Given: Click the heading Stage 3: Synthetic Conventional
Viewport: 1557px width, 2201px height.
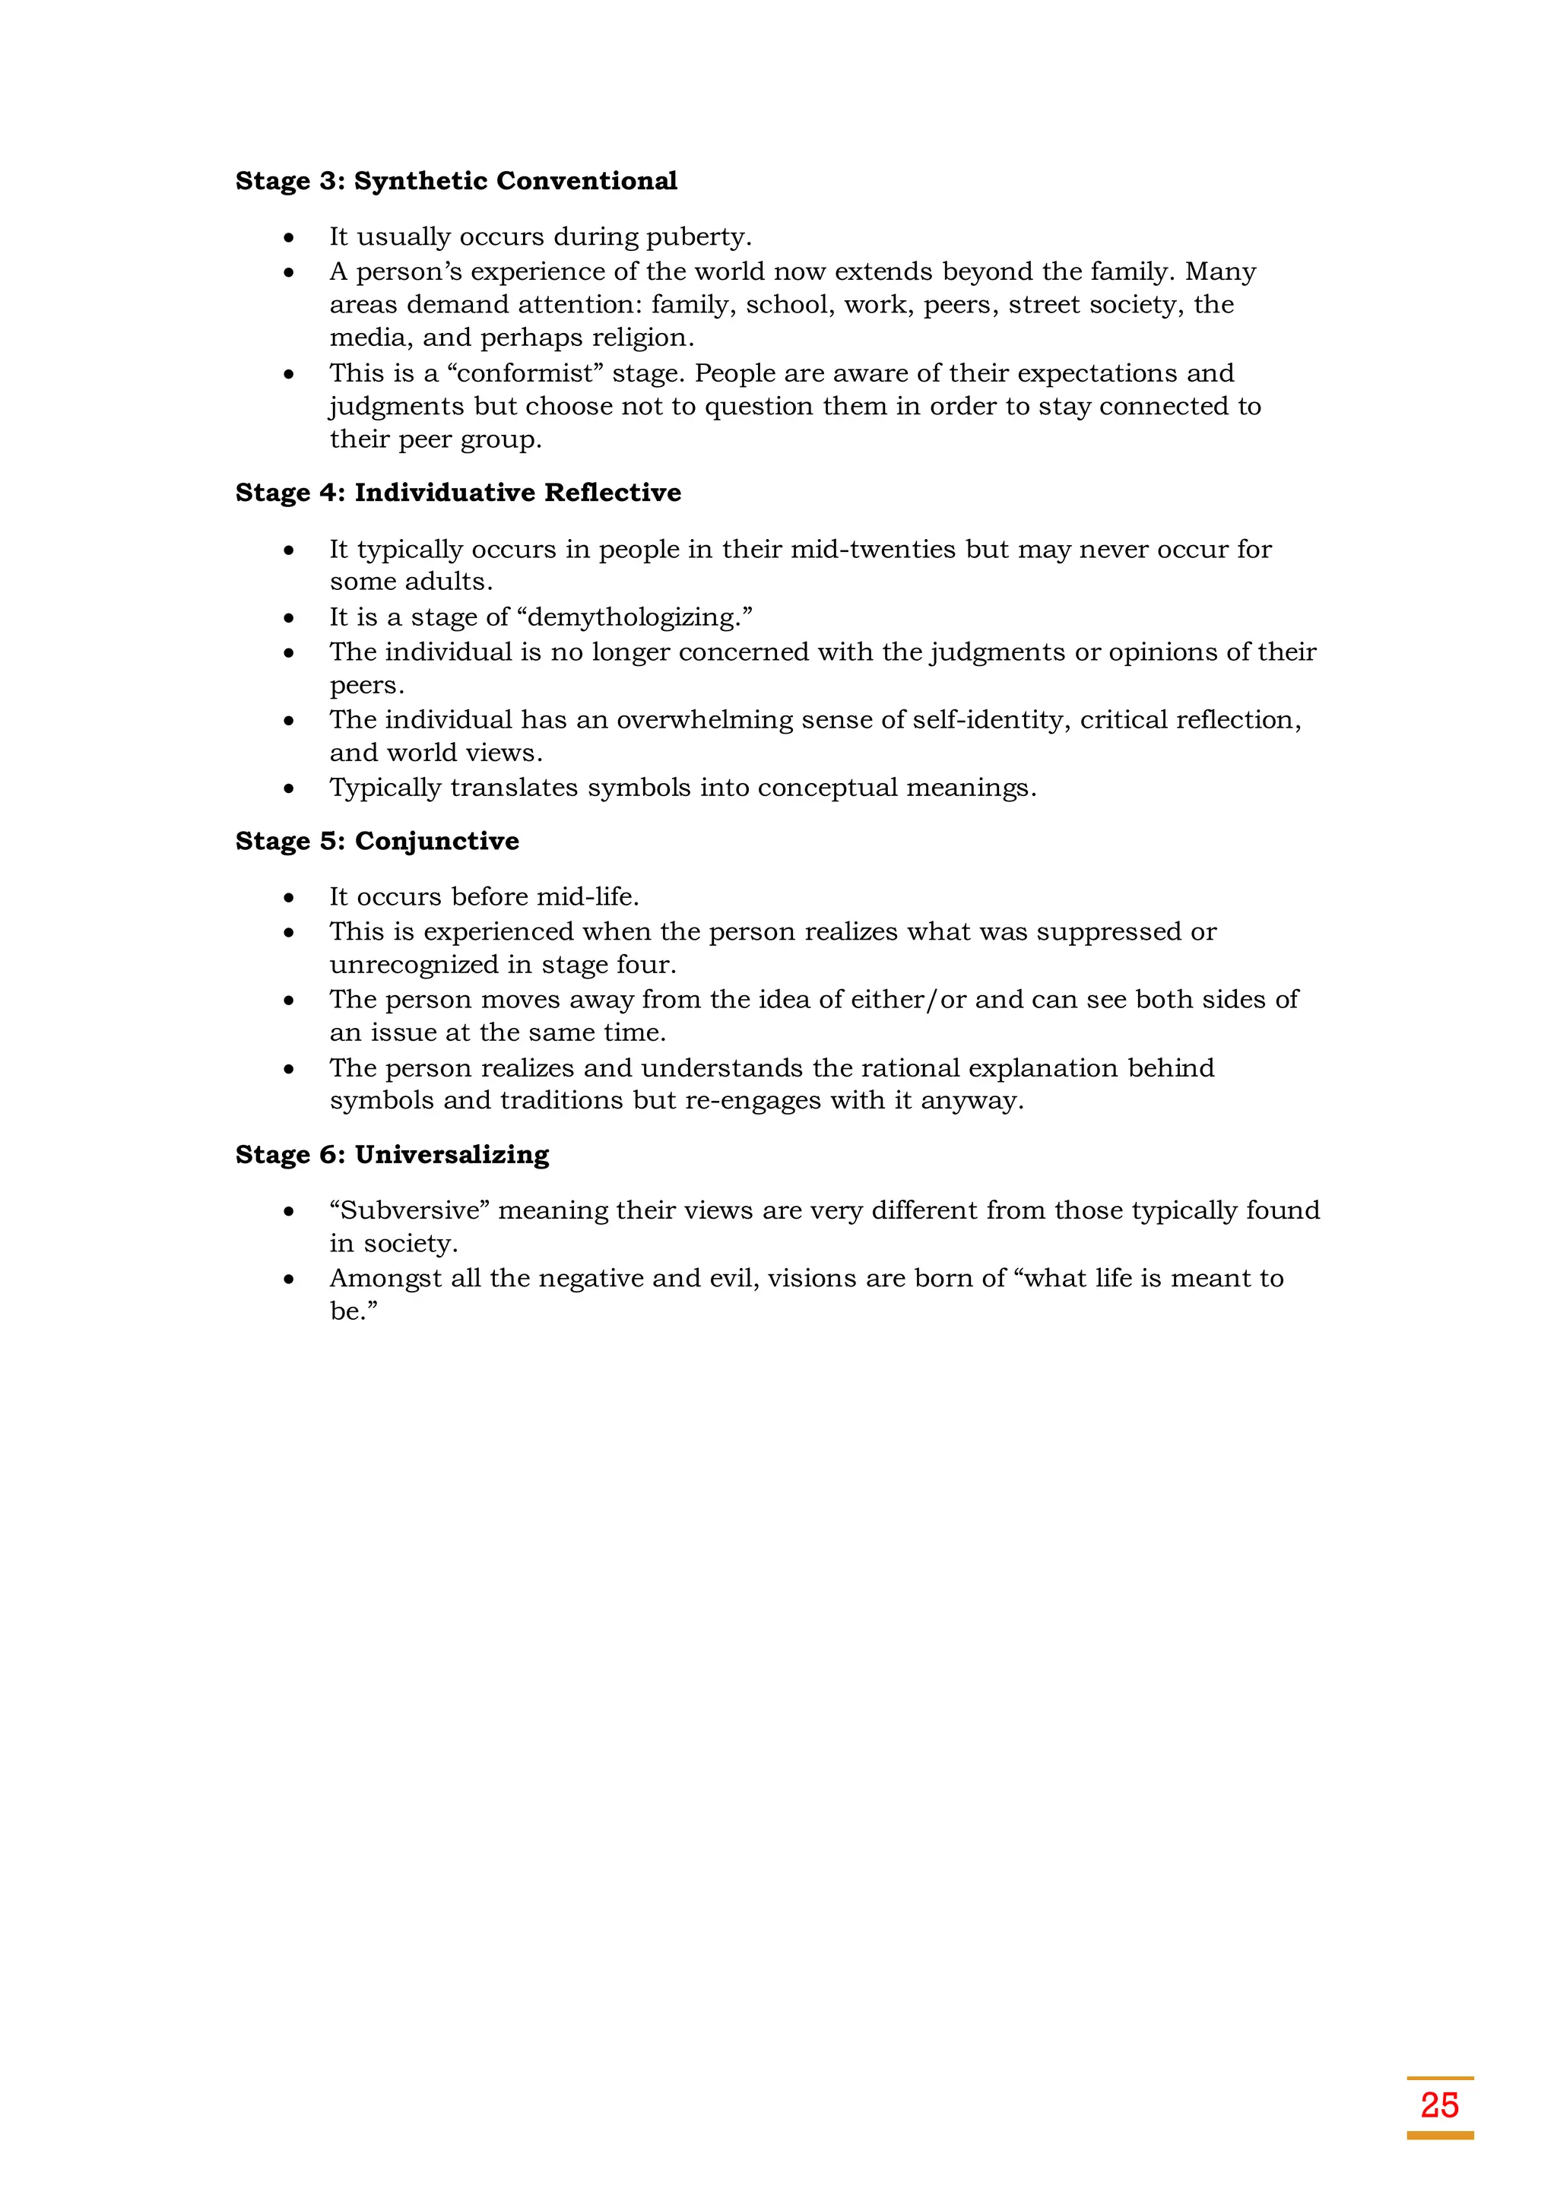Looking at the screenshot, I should coord(456,181).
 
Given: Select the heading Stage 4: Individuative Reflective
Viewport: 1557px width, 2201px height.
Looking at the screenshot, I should coord(458,493).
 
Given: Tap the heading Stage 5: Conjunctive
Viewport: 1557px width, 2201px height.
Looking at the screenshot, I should coord(377,841).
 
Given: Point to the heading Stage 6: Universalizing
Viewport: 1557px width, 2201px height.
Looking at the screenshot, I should coord(392,1154).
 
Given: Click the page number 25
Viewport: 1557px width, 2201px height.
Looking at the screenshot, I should coord(1439,2105).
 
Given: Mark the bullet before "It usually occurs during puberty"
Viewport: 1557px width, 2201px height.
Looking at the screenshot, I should coord(289,238).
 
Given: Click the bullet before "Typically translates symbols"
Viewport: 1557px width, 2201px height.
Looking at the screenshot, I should coord(289,789).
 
